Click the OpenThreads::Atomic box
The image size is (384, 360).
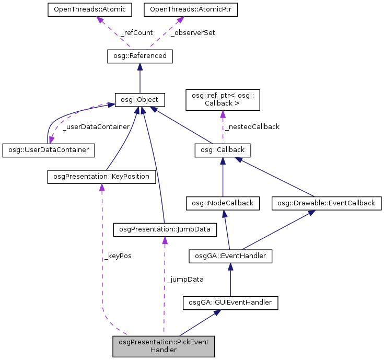pyautogui.click(x=90, y=9)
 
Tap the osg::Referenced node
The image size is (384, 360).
pyautogui.click(x=139, y=56)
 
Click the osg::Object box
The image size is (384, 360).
pyautogui.click(x=139, y=99)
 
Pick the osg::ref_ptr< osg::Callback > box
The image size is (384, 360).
pyautogui.click(x=223, y=99)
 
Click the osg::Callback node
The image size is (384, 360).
pyautogui.click(x=223, y=150)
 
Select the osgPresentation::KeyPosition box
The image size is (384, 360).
pyautogui.click(x=101, y=177)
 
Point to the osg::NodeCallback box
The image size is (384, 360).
pyautogui.click(x=223, y=203)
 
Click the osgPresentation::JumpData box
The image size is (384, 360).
pyautogui.click(x=165, y=229)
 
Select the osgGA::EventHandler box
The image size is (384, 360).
pyautogui.click(x=230, y=256)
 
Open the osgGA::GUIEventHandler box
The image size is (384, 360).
pyautogui.click(x=230, y=302)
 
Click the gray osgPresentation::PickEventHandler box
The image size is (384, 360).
pyautogui.click(x=164, y=346)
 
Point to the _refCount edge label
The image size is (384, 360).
pyautogui.click(x=136, y=32)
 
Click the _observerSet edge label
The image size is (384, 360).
pyautogui.click(x=193, y=32)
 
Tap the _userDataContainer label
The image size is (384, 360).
pyautogui.click(x=96, y=126)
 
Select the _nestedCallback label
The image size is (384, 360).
pyautogui.click(x=252, y=126)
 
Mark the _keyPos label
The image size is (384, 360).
pyautogui.click(x=118, y=256)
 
